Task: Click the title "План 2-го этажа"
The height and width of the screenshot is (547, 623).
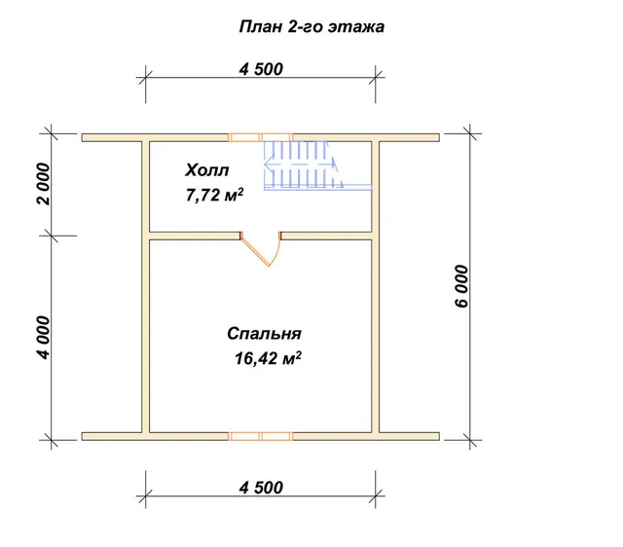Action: tap(311, 27)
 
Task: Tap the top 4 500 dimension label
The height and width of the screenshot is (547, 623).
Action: tap(261, 69)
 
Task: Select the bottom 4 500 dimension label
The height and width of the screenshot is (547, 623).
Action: tap(261, 488)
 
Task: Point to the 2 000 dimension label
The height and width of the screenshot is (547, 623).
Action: tap(44, 184)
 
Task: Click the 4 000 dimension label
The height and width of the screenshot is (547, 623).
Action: tap(44, 338)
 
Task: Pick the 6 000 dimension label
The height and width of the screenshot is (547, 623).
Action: tap(461, 286)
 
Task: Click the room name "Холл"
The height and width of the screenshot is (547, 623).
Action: tap(207, 170)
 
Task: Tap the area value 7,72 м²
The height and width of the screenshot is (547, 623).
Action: tap(214, 195)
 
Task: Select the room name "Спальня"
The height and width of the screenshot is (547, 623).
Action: tap(264, 334)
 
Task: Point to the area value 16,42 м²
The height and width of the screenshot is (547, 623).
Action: tap(268, 358)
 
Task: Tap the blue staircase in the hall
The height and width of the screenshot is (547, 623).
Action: tap(318, 165)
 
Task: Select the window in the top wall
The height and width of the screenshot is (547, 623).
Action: tap(261, 137)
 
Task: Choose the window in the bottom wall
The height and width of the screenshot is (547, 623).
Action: tap(261, 436)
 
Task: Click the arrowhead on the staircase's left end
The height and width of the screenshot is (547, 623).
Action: tap(269, 164)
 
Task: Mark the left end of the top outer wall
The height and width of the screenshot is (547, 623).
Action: tap(82, 137)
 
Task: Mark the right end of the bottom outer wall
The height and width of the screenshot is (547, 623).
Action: tap(439, 436)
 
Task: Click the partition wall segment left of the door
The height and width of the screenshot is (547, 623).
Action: tap(195, 236)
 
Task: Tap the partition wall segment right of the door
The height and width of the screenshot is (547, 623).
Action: tap(326, 236)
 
